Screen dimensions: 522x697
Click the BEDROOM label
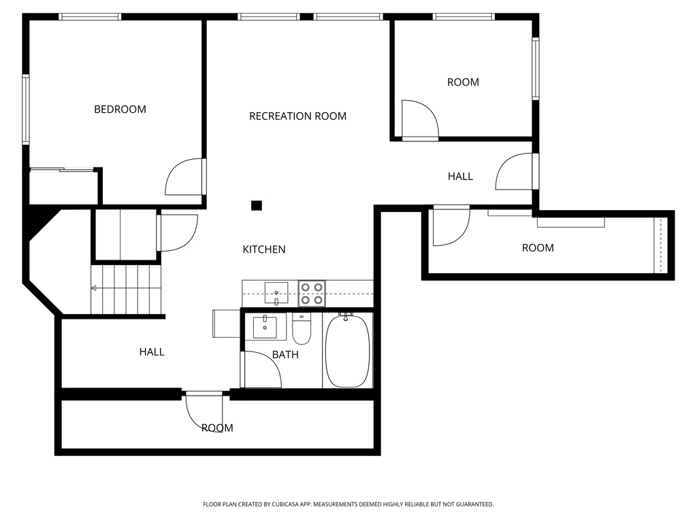coord(120,109)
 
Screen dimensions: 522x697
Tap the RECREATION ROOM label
coord(297,116)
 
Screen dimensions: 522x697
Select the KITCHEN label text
coord(264,249)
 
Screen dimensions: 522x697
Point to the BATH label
coord(285,354)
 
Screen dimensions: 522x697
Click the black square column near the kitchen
coord(257,205)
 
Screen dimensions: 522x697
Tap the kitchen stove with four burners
coord(312,293)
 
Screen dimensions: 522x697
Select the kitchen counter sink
coord(276,293)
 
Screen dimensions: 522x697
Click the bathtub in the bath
coord(347,351)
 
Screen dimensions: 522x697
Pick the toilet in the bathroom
coord(302,329)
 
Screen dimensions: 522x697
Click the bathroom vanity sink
coord(265,327)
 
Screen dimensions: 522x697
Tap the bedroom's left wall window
coord(26,109)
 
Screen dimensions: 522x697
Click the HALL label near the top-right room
coord(460,177)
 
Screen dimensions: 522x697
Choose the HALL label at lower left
coord(152,352)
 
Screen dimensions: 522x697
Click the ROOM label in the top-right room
coord(463,82)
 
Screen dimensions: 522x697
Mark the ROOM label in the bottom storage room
coord(217,428)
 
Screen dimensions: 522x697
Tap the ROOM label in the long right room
coord(538,248)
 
